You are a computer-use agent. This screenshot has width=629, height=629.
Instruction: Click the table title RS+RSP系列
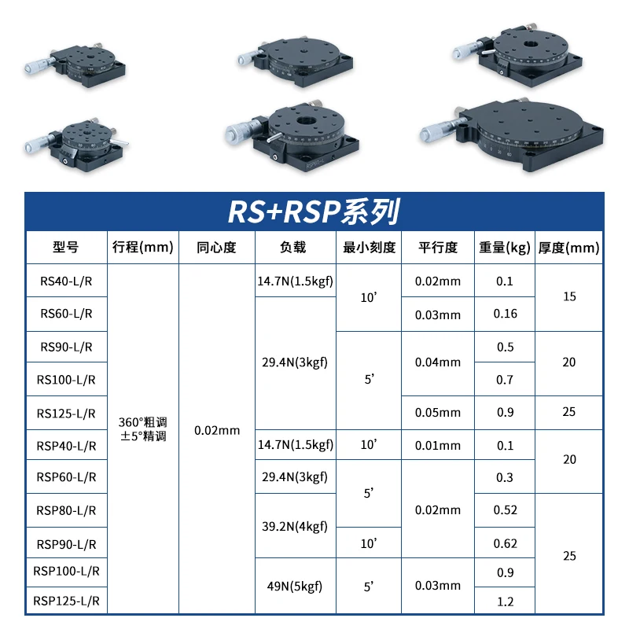click(x=314, y=212)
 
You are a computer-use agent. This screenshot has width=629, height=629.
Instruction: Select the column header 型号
click(x=66, y=248)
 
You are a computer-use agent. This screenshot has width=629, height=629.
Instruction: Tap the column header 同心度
click(x=217, y=248)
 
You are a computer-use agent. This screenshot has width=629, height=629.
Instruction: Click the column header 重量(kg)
click(x=505, y=248)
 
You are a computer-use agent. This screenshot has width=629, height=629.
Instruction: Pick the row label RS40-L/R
click(x=66, y=281)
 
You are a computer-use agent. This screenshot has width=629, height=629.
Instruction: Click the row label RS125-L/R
click(x=66, y=413)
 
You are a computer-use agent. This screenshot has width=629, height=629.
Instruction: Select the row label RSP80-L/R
click(x=66, y=510)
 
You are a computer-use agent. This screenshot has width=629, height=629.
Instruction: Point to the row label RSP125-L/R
click(x=66, y=601)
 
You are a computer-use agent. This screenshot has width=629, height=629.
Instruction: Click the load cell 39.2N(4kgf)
click(x=295, y=527)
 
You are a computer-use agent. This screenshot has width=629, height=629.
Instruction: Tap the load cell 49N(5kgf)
click(x=295, y=586)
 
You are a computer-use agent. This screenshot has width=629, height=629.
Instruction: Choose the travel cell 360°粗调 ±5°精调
click(x=142, y=429)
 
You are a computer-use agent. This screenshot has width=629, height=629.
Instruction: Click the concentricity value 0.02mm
click(x=217, y=430)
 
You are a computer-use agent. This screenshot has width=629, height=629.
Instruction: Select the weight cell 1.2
click(x=505, y=601)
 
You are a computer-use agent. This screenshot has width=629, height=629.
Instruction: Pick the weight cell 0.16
click(x=505, y=314)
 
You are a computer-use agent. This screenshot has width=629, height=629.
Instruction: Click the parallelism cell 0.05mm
click(x=438, y=413)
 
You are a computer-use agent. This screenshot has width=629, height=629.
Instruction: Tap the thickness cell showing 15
click(x=569, y=297)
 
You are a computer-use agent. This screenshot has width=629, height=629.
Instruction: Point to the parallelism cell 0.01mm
click(x=438, y=446)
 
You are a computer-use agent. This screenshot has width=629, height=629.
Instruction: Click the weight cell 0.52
click(x=505, y=510)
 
